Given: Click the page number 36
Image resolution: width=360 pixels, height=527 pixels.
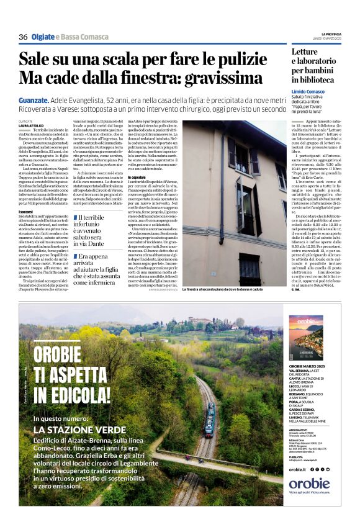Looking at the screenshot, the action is (23, 37).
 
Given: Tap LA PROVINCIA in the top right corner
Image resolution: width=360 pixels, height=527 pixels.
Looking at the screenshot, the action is (331, 34).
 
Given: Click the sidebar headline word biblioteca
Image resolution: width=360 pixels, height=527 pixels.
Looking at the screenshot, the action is (313, 80).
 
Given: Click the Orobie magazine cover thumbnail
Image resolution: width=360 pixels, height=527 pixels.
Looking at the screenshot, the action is (305, 338).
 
